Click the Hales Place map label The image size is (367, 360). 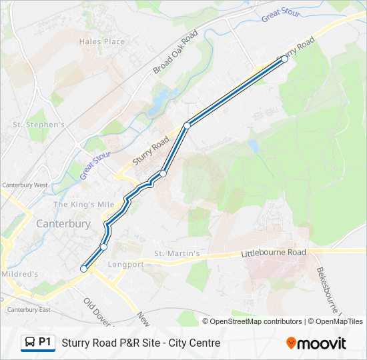101,41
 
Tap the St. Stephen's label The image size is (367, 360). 39,125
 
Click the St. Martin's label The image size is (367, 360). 177,253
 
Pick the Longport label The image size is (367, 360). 126,264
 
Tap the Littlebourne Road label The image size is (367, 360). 273,253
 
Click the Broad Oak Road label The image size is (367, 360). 175,52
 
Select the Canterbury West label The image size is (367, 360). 25,185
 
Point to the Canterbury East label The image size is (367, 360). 26,309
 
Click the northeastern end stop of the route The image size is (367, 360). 284,59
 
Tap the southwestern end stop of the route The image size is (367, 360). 83,269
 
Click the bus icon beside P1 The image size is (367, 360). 29,343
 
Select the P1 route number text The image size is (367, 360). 45,342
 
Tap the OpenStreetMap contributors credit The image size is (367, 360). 256,321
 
